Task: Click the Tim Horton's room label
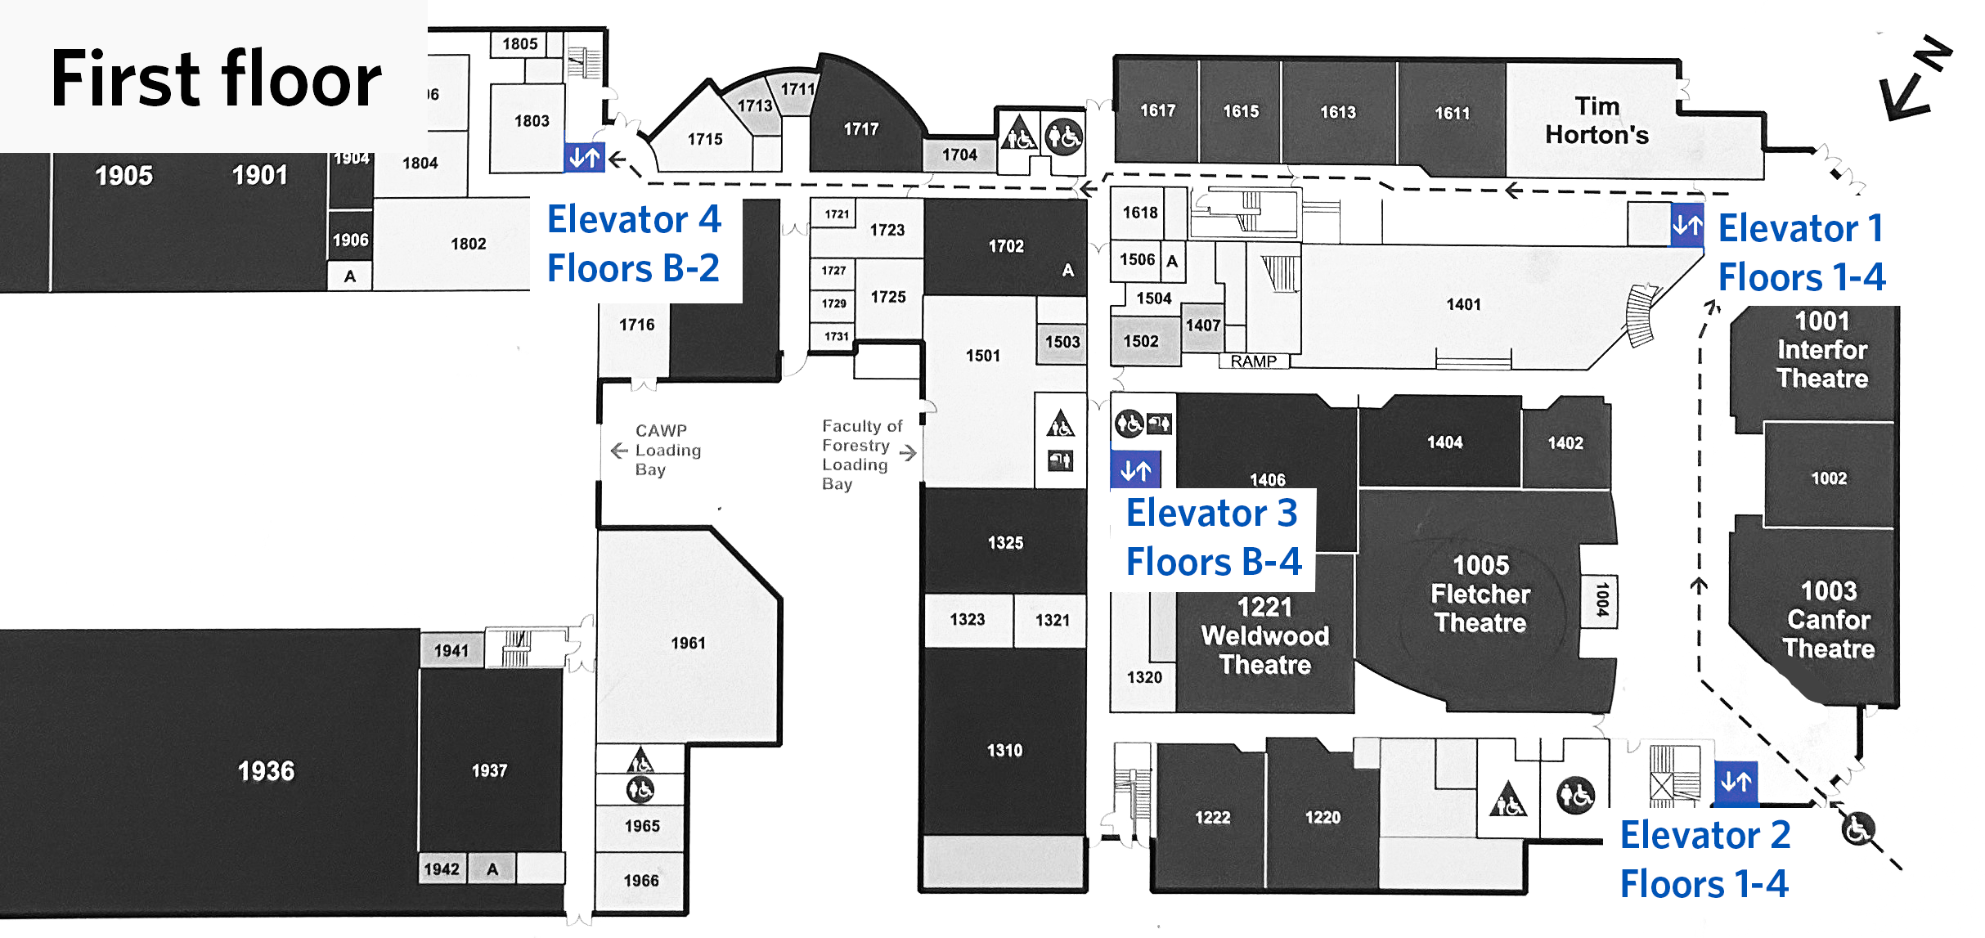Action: point(1596,120)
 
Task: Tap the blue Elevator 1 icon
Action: point(1686,224)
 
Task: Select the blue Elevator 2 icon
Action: point(1736,782)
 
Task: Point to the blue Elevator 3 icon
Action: point(1135,469)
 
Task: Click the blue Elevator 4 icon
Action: point(584,156)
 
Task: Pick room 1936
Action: point(266,770)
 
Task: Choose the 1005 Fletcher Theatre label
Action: point(1480,594)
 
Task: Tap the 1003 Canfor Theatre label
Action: point(1828,619)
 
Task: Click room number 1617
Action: point(1157,110)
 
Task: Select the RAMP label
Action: point(1253,361)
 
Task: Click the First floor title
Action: point(215,79)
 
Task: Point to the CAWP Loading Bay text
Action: point(667,450)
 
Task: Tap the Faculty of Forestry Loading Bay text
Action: point(860,455)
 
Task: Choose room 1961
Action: point(688,643)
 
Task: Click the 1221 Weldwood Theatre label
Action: point(1264,635)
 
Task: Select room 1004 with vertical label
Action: point(1601,599)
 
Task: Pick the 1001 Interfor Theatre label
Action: point(1821,349)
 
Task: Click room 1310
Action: point(1004,750)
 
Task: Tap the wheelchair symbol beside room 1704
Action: point(1063,136)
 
